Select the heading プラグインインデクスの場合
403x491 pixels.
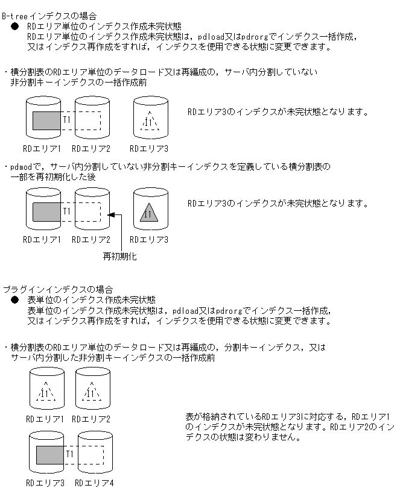click(x=58, y=290)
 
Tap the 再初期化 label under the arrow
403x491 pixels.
click(x=119, y=257)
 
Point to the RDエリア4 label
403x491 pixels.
click(x=94, y=483)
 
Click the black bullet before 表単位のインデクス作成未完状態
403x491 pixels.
click(x=15, y=300)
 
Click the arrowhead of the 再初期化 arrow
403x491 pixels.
click(x=110, y=214)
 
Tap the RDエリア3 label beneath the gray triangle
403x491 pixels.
click(x=151, y=240)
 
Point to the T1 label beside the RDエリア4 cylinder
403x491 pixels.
click(x=70, y=453)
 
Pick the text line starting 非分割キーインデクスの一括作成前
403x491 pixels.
click(x=78, y=82)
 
